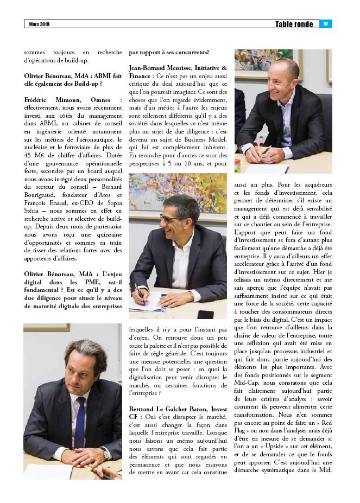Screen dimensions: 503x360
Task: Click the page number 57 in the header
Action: [326, 24]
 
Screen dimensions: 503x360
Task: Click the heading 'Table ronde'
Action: [294, 24]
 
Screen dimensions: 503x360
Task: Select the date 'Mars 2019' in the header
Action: [40, 24]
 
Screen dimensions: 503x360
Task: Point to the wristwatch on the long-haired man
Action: [104, 451]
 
